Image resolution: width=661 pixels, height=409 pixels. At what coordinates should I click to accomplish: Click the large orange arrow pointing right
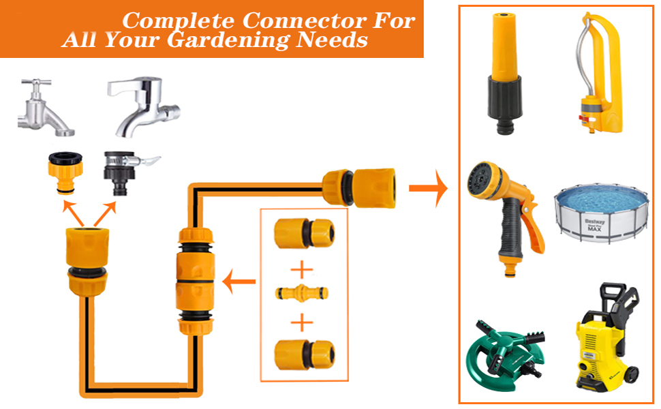coord(428,188)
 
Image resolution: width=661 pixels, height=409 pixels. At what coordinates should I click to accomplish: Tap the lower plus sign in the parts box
coord(302,322)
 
